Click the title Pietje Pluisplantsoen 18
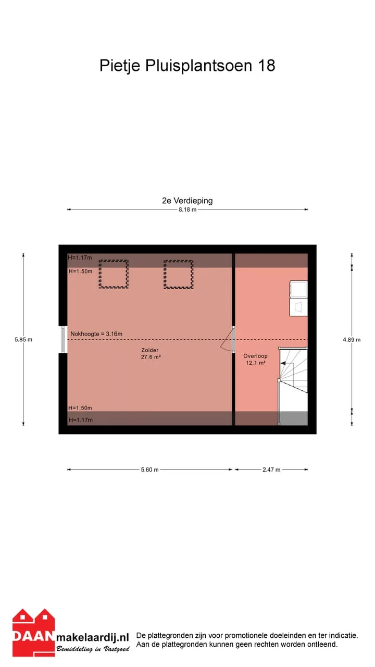tap(187, 66)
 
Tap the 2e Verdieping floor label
tap(187, 201)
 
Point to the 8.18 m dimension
tap(187, 209)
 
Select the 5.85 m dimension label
tap(23, 339)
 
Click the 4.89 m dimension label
tap(352, 339)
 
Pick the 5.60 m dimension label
tap(149, 470)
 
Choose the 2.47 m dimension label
tap(271, 470)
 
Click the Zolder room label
tap(150, 350)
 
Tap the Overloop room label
tap(255, 356)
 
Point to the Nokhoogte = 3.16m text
tap(96, 334)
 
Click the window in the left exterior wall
tap(63, 339)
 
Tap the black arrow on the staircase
tap(283, 363)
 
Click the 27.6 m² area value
tap(151, 357)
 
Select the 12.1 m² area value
tap(256, 363)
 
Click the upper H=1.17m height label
tap(80, 257)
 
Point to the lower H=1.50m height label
tap(80, 407)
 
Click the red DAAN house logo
tap(34, 637)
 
